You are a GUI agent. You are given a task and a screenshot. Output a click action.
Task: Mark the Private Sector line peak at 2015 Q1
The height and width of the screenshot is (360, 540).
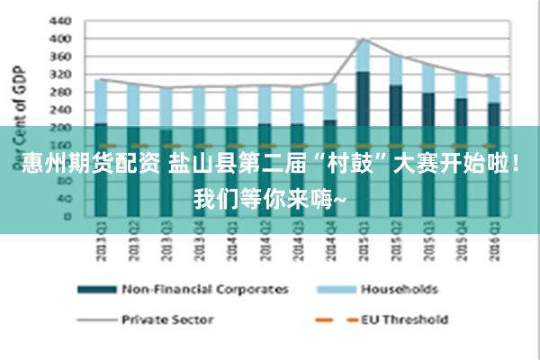click(362, 39)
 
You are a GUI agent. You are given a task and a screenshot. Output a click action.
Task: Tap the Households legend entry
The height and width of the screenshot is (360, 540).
click(399, 290)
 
